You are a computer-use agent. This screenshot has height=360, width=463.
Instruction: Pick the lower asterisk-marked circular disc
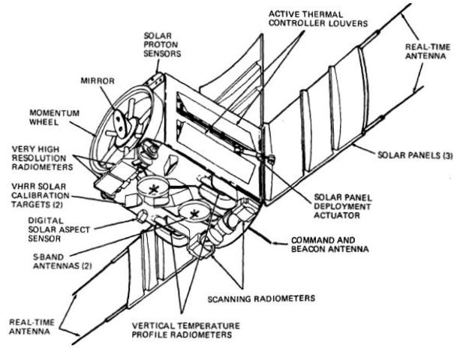(197, 214)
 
